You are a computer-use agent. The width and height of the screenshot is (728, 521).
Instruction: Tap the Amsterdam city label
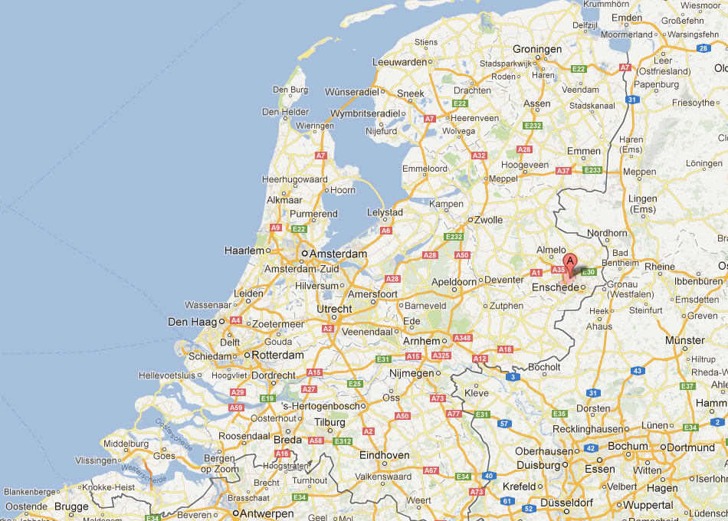point(338,254)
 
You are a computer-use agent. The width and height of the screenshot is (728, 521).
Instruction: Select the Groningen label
point(537,49)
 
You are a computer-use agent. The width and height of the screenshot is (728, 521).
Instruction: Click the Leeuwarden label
point(399,61)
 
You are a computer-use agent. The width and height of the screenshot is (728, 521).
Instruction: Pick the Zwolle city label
point(488,220)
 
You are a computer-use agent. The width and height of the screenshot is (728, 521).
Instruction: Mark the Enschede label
point(555,287)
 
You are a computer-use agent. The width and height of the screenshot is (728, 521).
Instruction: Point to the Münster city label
point(685,339)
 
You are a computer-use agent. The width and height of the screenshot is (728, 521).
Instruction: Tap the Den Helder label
point(285,112)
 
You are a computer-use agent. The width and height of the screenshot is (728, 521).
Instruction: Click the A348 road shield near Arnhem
point(463,338)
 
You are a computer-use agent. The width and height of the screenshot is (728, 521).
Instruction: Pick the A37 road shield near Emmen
point(563,170)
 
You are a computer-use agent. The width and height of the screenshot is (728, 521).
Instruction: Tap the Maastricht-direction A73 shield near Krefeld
point(477,492)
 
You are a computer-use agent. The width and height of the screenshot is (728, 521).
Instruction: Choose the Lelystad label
point(385,211)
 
